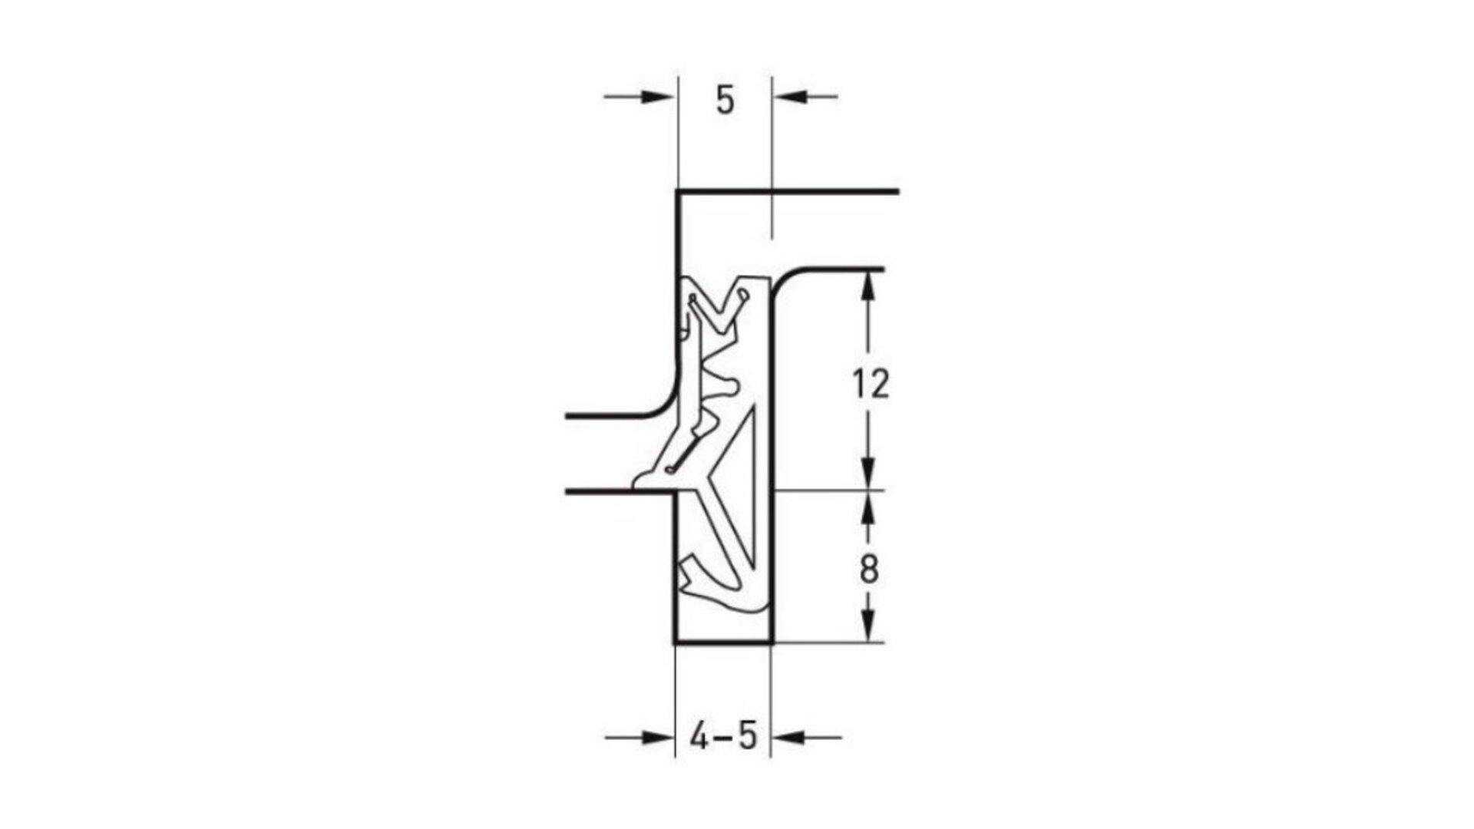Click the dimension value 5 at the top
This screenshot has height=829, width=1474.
[725, 101]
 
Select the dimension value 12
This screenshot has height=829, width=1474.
[870, 384]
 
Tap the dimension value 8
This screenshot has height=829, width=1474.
[869, 571]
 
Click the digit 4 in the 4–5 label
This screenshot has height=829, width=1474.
[699, 738]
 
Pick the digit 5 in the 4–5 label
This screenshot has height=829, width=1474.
[748, 738]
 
